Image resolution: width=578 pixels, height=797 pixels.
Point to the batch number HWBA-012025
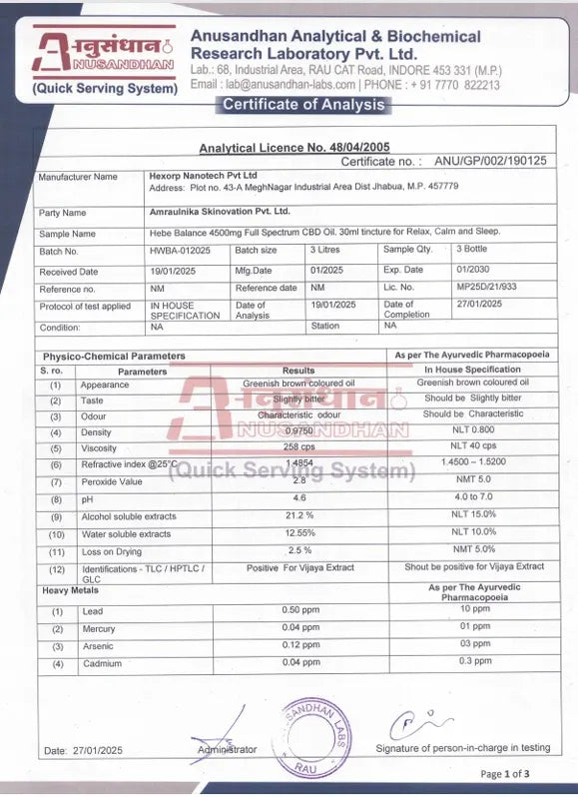coord(180,251)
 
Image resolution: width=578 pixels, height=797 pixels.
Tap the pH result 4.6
coord(298,498)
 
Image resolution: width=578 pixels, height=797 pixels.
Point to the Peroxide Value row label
coord(112,481)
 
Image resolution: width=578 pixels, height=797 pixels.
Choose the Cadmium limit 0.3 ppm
coord(474,661)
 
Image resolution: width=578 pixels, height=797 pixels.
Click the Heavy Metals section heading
coord(69,590)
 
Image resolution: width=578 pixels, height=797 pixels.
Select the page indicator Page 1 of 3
coord(505,773)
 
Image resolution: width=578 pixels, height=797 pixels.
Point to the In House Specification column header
coord(471,370)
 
